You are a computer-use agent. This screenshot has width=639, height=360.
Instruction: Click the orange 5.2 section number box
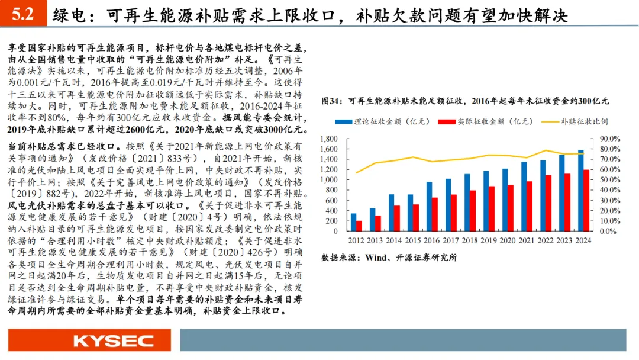23,14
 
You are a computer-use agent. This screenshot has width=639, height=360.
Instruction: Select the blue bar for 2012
353,222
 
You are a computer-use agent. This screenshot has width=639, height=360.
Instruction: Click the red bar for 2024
586,200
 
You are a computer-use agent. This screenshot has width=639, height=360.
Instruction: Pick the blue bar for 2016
429,206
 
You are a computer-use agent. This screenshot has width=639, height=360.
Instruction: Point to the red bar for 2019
492,209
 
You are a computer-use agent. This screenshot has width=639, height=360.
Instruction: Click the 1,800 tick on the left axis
329,139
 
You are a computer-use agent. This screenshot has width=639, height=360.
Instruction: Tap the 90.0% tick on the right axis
609,139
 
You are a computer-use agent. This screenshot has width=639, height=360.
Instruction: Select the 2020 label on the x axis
508,240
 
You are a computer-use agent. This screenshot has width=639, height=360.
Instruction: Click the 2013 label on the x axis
375,240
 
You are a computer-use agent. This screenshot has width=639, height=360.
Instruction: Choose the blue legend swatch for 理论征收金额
343,122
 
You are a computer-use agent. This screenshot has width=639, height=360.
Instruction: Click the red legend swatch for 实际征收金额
447,122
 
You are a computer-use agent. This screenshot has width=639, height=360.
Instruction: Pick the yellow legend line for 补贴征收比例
550,122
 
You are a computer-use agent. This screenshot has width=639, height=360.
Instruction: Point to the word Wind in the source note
375,258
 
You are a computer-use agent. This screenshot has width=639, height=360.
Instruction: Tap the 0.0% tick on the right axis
608,231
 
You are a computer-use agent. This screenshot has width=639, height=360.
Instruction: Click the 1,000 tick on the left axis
329,180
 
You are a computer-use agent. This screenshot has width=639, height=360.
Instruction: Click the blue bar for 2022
543,196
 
